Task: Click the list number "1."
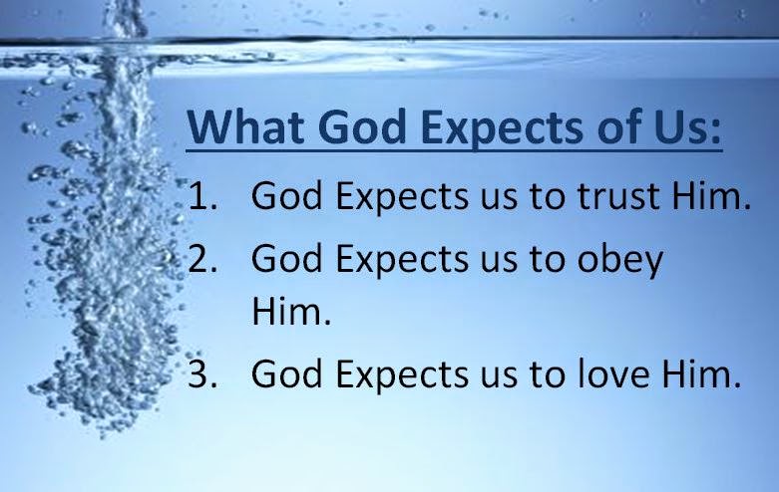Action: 202,198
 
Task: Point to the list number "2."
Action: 202,259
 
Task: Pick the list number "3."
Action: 202,374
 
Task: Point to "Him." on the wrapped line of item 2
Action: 289,314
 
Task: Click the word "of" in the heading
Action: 616,129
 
